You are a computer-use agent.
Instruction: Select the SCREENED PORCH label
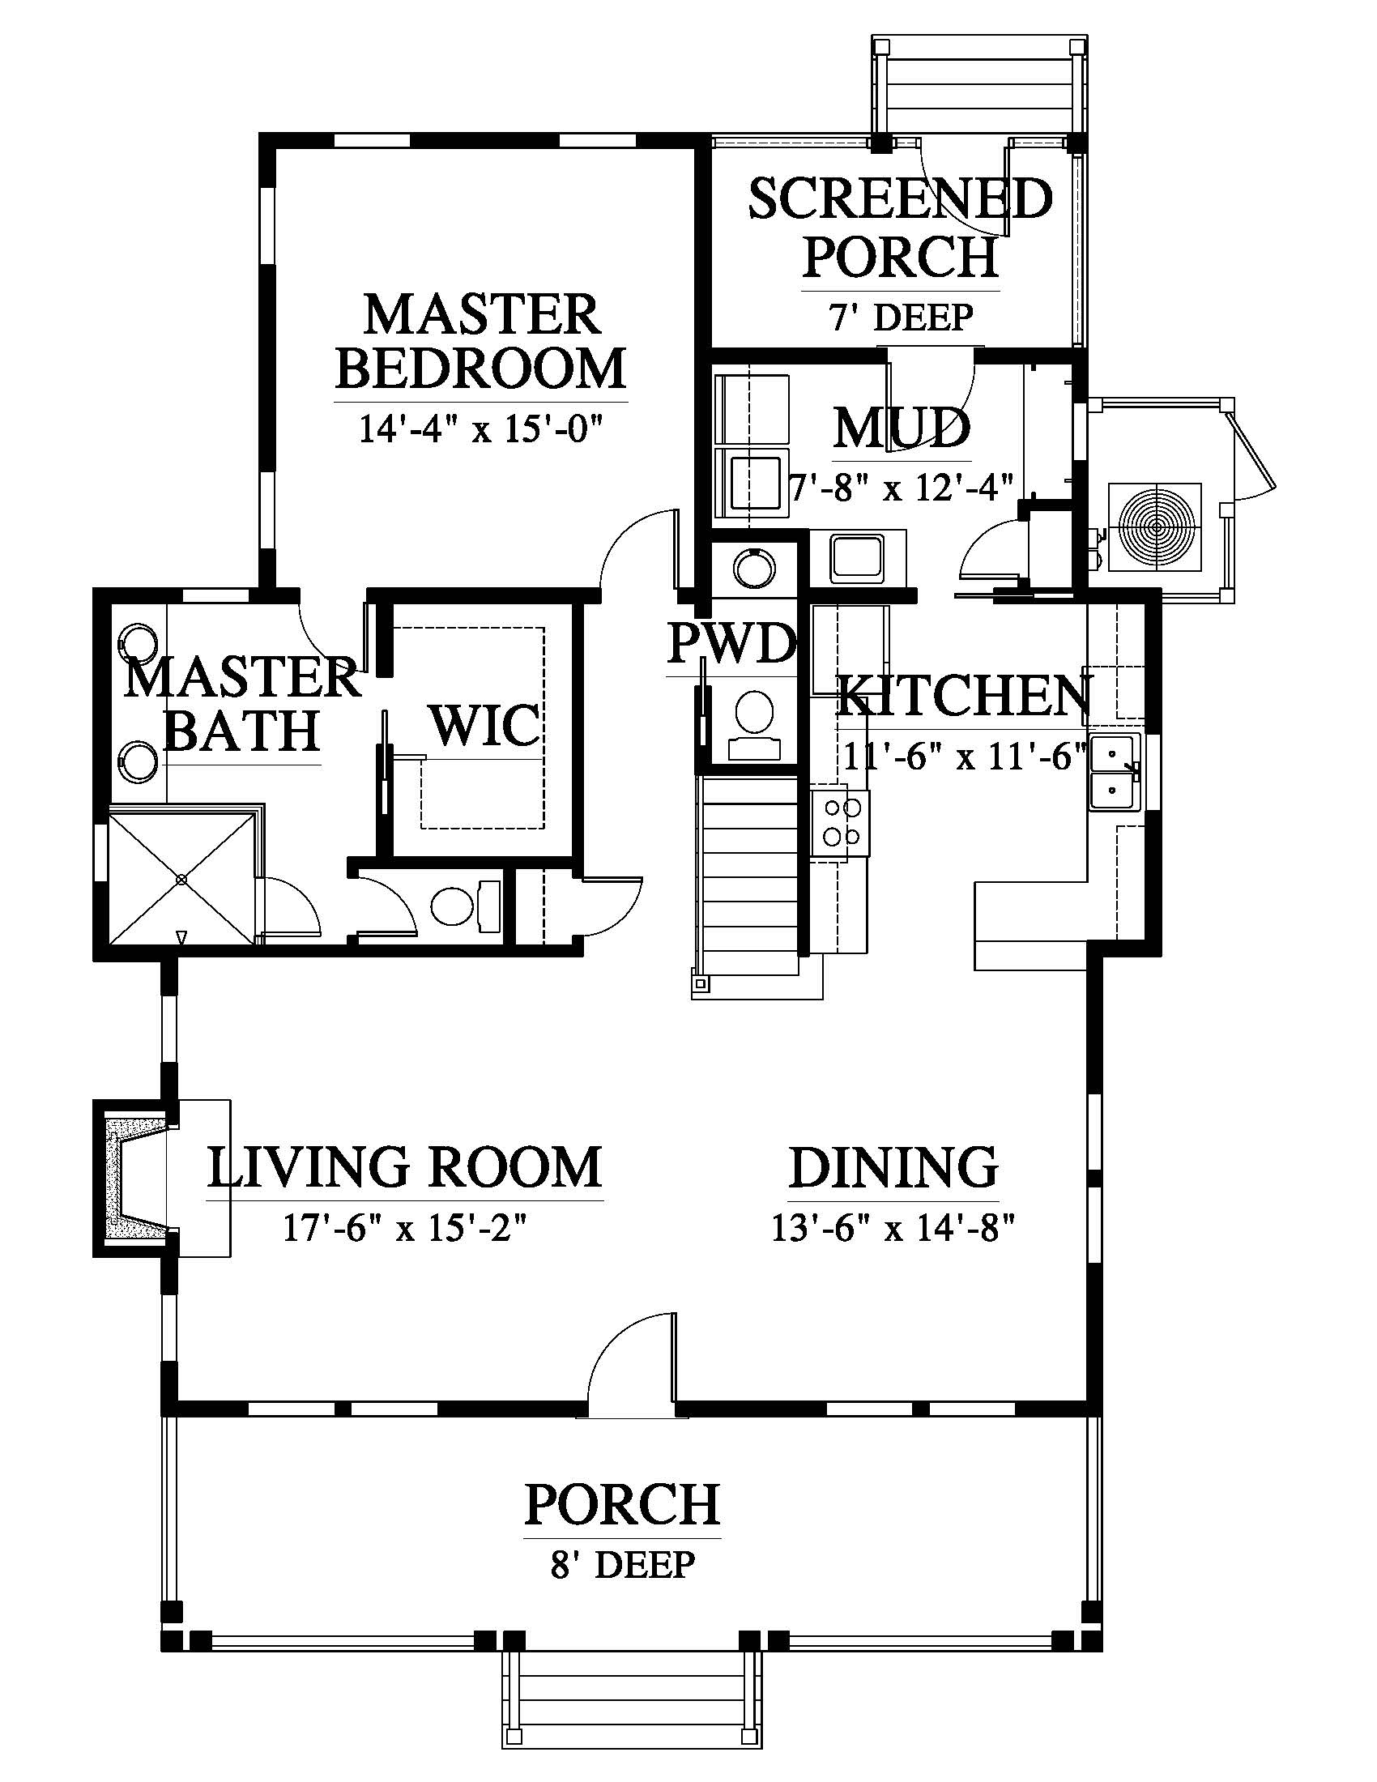pyautogui.click(x=901, y=228)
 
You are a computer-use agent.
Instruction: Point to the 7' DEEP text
pyautogui.click(x=902, y=317)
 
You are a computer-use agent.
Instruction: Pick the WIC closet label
pyautogui.click(x=485, y=725)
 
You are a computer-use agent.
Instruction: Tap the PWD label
pyautogui.click(x=731, y=643)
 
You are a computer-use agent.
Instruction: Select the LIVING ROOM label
pyautogui.click(x=405, y=1166)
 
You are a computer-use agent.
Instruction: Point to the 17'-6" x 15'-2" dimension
pyautogui.click(x=405, y=1228)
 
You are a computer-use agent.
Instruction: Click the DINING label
pyautogui.click(x=893, y=1166)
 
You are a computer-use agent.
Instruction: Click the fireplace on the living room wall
pyautogui.click(x=134, y=1179)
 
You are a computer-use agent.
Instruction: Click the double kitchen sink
pyautogui.click(x=1115, y=772)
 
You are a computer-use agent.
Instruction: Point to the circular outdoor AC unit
pyautogui.click(x=1155, y=527)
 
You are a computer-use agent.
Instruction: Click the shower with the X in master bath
pyautogui.click(x=182, y=878)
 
